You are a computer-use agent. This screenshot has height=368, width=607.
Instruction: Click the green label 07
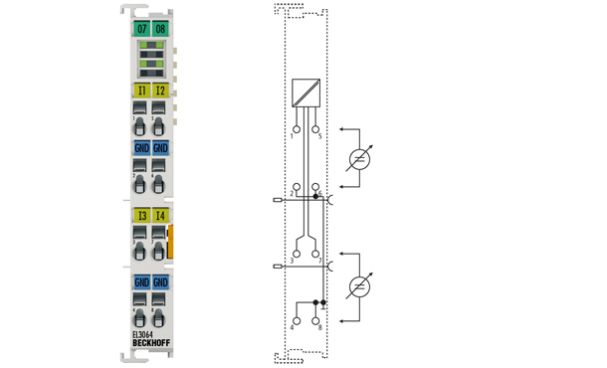click(142, 29)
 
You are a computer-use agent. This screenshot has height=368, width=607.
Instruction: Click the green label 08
click(161, 29)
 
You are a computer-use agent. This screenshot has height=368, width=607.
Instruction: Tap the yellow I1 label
click(142, 92)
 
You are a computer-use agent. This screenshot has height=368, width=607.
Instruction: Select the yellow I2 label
click(161, 92)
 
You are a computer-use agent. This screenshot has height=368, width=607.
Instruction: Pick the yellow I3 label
click(142, 215)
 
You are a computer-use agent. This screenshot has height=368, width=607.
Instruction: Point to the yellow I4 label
click(161, 215)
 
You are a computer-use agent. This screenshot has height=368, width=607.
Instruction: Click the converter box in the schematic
click(305, 92)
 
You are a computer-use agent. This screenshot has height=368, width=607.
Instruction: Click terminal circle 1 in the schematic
click(294, 127)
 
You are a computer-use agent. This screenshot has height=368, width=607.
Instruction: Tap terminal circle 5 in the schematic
click(316, 127)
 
